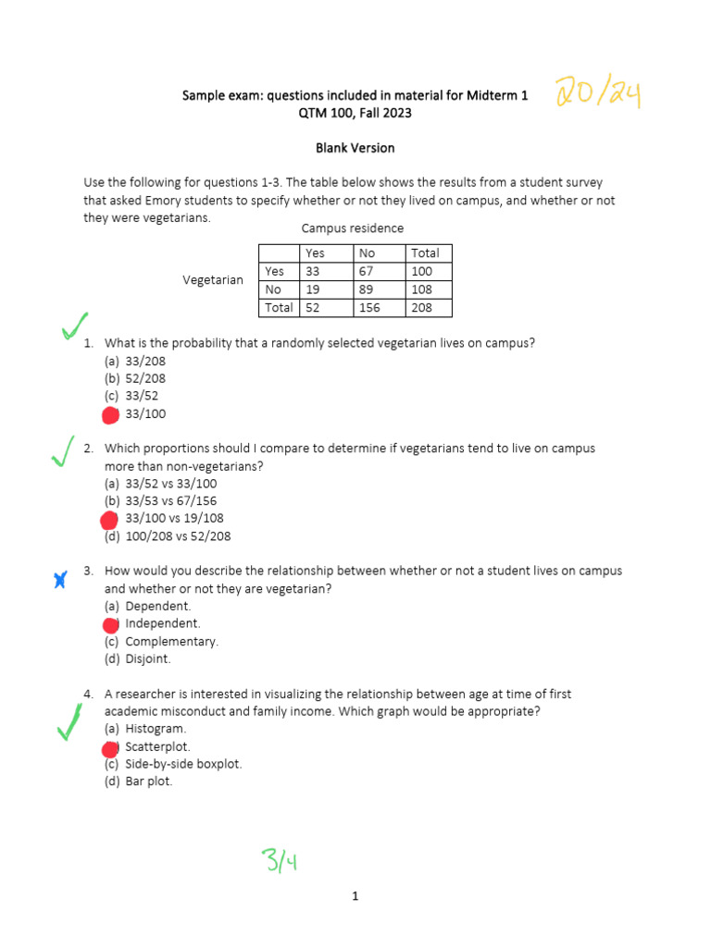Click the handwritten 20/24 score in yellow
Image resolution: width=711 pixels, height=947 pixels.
pyautogui.click(x=598, y=94)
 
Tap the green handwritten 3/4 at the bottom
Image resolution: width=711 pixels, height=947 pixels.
pyautogui.click(x=278, y=862)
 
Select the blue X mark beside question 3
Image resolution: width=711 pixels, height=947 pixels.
pyautogui.click(x=60, y=581)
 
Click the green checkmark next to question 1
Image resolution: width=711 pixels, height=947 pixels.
pyautogui.click(x=73, y=326)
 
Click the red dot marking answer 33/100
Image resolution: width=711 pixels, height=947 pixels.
pyautogui.click(x=110, y=414)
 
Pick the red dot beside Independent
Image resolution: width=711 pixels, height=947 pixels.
pyautogui.click(x=110, y=624)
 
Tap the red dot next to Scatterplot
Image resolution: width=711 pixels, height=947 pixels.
pyautogui.click(x=110, y=747)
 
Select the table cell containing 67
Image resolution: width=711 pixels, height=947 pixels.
pyautogui.click(x=379, y=271)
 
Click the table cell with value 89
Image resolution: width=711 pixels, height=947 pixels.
pyautogui.click(x=379, y=289)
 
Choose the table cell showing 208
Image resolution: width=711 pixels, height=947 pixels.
pyautogui.click(x=429, y=307)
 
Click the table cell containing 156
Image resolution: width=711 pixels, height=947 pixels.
pyautogui.click(x=379, y=307)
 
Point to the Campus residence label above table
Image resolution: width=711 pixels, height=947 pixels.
pyautogui.click(x=352, y=228)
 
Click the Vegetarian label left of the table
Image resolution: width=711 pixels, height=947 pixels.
pyautogui.click(x=213, y=280)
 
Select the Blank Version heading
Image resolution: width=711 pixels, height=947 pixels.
pyautogui.click(x=355, y=148)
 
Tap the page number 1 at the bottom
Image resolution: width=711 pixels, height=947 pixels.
pyautogui.click(x=355, y=896)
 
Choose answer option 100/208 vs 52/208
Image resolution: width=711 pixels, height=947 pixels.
pyautogui.click(x=177, y=536)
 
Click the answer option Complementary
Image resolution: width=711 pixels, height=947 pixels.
pyautogui.click(x=171, y=642)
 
